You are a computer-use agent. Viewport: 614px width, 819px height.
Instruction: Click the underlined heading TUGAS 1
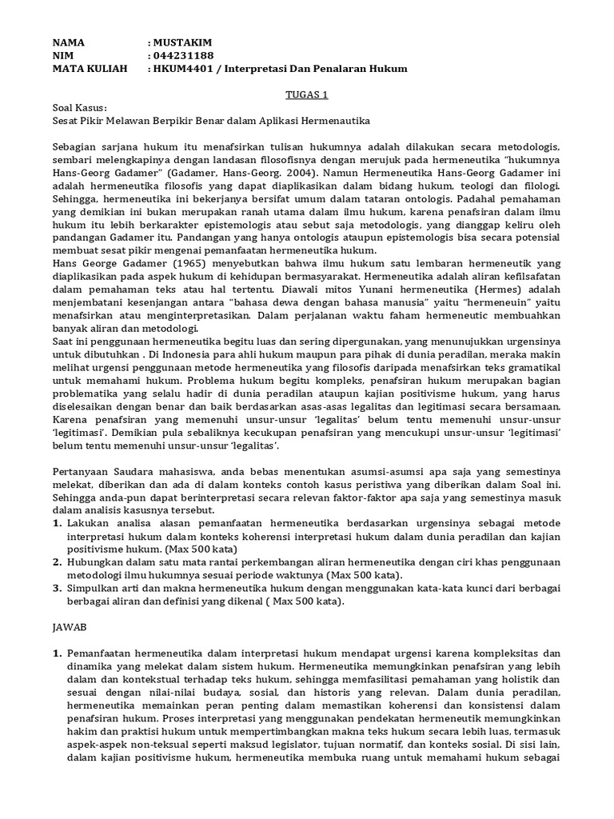tap(307, 94)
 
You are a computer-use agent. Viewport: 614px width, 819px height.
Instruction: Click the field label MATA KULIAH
tap(90, 69)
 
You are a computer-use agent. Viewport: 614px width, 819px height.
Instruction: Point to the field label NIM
tap(63, 55)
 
